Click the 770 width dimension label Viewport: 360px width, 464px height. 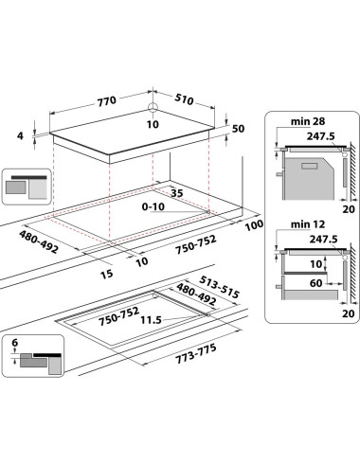point(107,101)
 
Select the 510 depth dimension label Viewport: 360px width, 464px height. point(184,99)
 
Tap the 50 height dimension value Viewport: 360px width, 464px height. point(239,129)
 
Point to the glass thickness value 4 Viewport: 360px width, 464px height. point(20,136)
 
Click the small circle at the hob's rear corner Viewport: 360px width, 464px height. point(153,107)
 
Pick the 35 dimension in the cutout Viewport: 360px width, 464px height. point(177,193)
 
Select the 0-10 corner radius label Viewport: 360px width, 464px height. point(153,206)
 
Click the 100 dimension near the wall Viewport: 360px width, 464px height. point(254,224)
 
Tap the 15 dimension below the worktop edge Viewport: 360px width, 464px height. point(107,274)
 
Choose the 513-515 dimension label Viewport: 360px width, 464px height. point(219,287)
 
